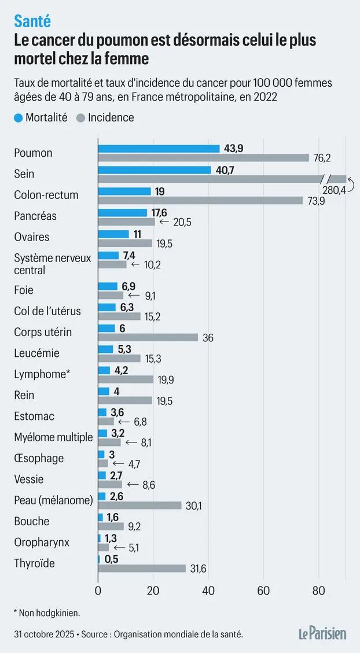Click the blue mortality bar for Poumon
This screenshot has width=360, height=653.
pos(159,149)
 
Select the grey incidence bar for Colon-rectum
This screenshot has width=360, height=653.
pos(200,200)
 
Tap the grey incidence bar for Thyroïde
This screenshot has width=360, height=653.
pos(142,569)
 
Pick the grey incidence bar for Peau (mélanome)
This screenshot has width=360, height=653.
pos(139,506)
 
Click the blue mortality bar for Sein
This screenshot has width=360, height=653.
pos(155,170)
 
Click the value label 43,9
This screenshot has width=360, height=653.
pos(233,149)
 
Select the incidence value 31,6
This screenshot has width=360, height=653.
pos(198,569)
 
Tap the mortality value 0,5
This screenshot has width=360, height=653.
pos(111,559)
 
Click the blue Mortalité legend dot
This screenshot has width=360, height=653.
pos(19,118)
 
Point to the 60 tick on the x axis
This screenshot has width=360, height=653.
pos(263,591)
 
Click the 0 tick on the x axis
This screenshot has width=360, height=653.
pos(98,591)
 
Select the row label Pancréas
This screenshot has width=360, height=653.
pos(35,216)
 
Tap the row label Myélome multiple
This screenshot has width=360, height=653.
pos(53,437)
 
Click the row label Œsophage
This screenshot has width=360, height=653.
pos(39,459)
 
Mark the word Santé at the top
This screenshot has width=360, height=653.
pos(32,21)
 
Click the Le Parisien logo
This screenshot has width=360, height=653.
pos(323,633)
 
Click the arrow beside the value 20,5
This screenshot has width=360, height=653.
pos(163,222)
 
